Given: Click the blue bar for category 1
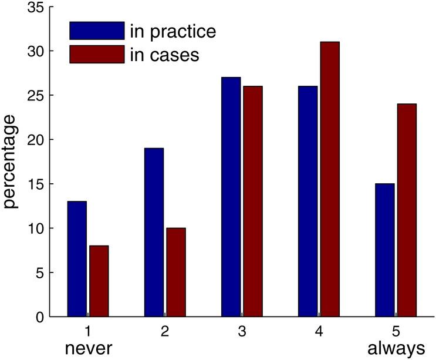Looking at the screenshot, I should point(77,259).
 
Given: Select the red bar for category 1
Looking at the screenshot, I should point(99,281).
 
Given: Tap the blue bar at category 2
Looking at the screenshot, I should point(154,233).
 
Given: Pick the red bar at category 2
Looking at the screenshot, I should point(175,272).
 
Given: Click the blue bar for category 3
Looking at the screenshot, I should point(231,197).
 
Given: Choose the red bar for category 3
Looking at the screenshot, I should point(252,201).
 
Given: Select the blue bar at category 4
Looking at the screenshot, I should point(307,201).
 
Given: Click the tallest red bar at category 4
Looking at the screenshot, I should point(329,179).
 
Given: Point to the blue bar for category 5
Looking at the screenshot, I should point(384,250).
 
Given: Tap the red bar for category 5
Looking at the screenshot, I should point(406,210).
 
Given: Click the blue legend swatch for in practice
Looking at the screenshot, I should point(97,31).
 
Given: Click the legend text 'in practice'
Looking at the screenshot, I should point(173,31).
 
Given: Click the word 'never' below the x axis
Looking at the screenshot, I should point(88,349).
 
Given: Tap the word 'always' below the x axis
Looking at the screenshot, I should point(396,349).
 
